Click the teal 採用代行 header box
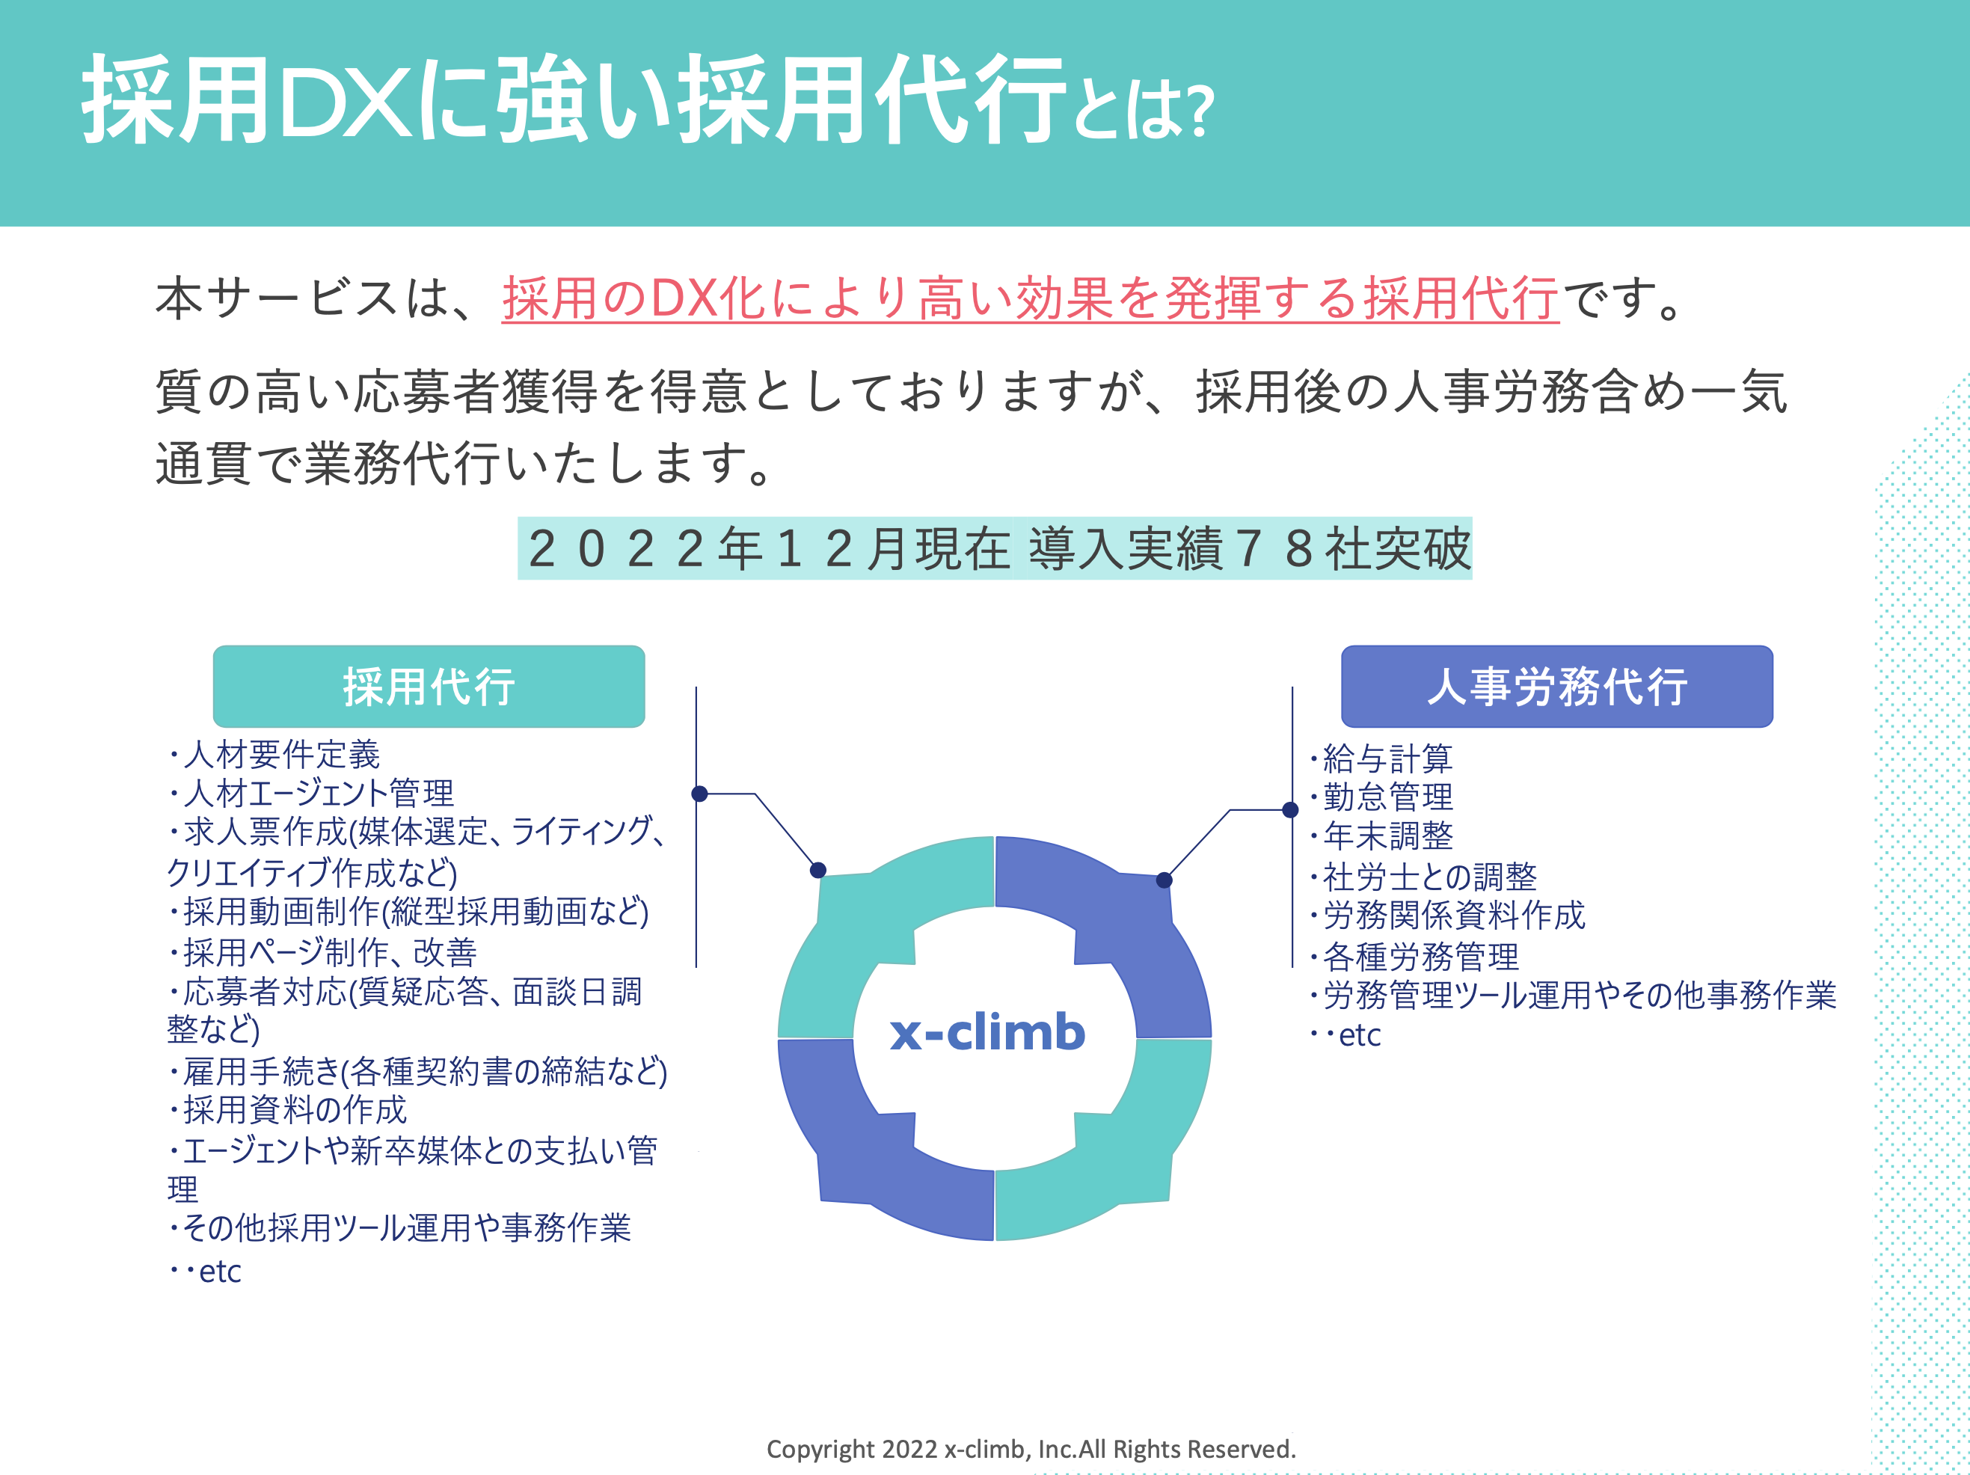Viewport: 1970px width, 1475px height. coord(429,686)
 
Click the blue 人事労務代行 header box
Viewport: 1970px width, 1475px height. coord(1556,686)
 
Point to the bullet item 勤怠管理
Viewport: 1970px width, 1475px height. coord(1387,797)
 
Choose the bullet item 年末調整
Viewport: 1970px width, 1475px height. coord(1387,835)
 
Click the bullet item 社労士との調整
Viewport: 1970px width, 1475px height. coord(1429,877)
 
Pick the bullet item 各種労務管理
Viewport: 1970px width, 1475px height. coord(1420,957)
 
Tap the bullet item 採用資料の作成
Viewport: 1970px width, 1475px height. coord(294,1110)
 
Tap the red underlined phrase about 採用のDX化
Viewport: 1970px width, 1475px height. coord(1030,298)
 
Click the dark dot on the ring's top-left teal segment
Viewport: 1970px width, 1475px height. coord(817,870)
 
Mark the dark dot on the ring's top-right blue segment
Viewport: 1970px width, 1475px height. coord(1163,880)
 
